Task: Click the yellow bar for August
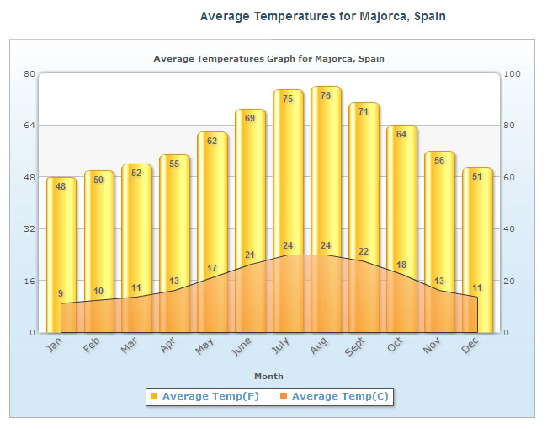(x=326, y=169)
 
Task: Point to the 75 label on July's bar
(x=288, y=99)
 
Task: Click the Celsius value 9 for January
(x=61, y=294)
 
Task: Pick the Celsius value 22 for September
(x=364, y=252)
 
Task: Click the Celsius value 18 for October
(x=401, y=265)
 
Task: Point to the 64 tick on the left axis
(x=28, y=126)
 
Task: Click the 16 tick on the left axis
(x=28, y=281)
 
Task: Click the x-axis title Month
(x=268, y=376)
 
